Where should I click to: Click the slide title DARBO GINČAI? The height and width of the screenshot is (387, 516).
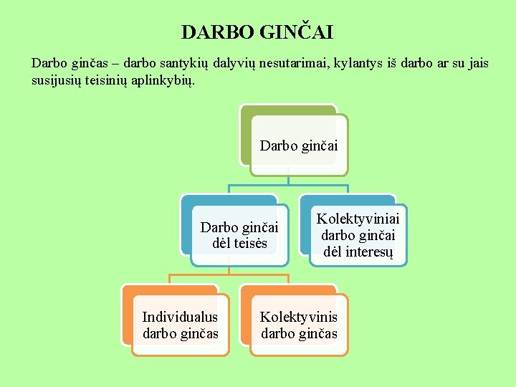pyautogui.click(x=257, y=32)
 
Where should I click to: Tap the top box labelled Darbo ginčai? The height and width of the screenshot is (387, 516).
pyautogui.click(x=299, y=146)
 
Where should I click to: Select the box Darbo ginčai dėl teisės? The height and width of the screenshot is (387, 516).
pyautogui.click(x=239, y=235)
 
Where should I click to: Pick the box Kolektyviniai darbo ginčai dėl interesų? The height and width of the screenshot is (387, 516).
pyautogui.click(x=358, y=235)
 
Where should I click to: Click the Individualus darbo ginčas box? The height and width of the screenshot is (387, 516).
pyautogui.click(x=181, y=325)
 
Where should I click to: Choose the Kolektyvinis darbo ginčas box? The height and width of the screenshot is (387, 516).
pyautogui.click(x=299, y=325)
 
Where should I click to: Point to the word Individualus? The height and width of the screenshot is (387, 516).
pyautogui.click(x=181, y=317)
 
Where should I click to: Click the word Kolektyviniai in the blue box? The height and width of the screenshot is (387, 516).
pyautogui.click(x=358, y=219)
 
